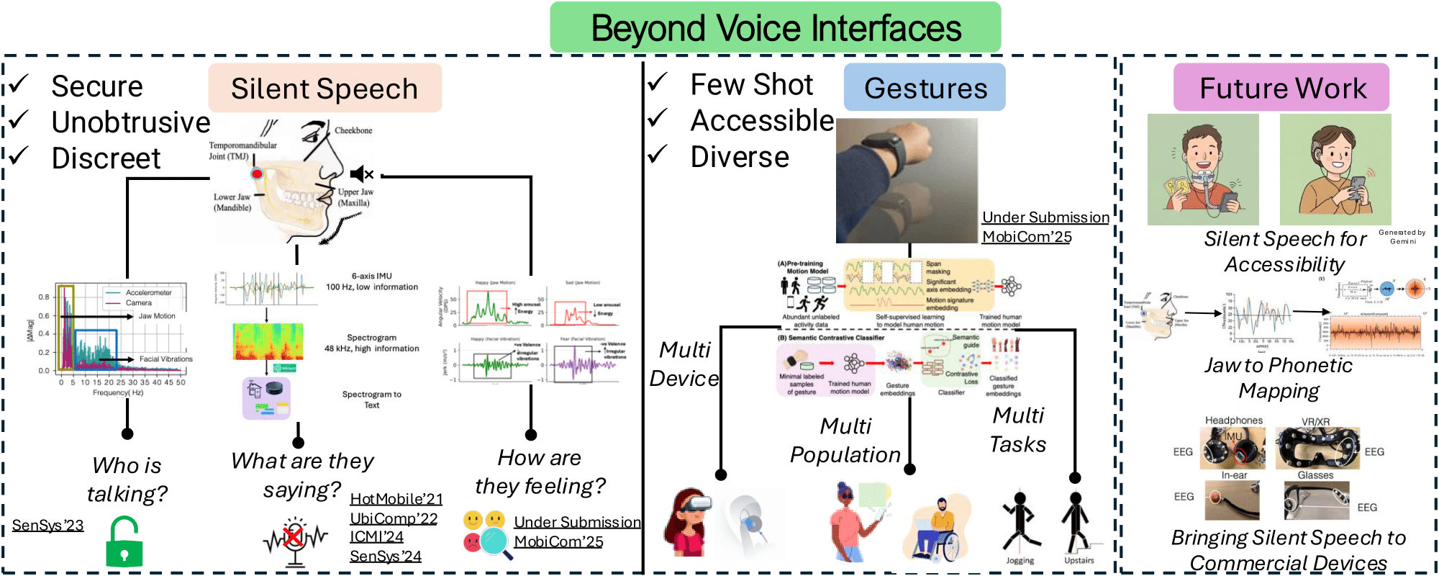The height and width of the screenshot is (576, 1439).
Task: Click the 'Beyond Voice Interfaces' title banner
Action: coord(775,27)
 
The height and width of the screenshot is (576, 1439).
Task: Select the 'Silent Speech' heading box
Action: coord(324,88)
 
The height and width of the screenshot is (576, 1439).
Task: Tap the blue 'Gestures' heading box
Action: coord(925,87)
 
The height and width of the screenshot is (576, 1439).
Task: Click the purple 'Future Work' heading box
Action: coord(1281,87)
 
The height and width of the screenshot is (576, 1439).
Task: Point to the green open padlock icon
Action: coord(124,544)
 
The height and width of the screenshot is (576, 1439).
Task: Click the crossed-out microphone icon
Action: coord(294,539)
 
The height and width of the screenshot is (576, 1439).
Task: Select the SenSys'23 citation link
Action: coord(47,526)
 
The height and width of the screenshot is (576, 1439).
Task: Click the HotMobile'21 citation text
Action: coord(396,499)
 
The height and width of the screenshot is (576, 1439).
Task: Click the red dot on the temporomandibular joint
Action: coord(257,174)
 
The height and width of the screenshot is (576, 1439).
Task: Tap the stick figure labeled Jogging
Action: coord(1019,522)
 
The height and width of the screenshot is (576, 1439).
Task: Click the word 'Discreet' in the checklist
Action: coord(106,158)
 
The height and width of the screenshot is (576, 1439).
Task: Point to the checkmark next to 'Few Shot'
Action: coord(657,82)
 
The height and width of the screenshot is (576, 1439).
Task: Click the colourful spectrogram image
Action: coord(268,341)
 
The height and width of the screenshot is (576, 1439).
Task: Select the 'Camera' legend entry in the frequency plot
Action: coord(138,303)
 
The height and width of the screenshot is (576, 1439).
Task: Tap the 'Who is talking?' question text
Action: coord(127,480)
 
